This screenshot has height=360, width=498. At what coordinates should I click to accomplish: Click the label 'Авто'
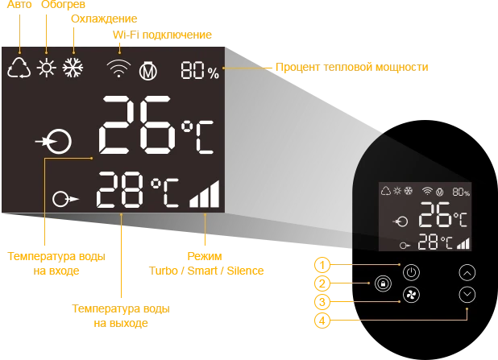19,5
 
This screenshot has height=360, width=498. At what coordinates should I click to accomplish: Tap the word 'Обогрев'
63,5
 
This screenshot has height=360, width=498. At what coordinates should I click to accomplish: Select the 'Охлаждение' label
104,19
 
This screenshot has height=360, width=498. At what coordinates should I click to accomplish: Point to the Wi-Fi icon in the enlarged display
118,68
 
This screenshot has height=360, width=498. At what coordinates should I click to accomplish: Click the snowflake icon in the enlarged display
73,68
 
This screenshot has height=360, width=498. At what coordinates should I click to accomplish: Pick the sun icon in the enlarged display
47,68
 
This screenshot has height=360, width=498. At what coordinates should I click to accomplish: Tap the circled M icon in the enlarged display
148,70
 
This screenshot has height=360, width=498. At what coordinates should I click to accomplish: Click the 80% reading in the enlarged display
200,71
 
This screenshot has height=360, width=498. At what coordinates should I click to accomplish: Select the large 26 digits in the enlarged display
137,125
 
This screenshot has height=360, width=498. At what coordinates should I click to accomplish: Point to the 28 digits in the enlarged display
120,190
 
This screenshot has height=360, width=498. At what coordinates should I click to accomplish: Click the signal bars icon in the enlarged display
204,193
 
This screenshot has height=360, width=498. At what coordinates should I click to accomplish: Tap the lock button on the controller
383,283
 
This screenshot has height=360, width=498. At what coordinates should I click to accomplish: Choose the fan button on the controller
411,295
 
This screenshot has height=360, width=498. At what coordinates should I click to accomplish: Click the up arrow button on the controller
467,273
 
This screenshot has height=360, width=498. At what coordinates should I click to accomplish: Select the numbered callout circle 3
322,301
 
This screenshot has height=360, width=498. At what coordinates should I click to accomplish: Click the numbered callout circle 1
322,265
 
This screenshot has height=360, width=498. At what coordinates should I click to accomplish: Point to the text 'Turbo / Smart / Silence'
206,271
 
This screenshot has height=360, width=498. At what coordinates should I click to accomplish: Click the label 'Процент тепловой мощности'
352,68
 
